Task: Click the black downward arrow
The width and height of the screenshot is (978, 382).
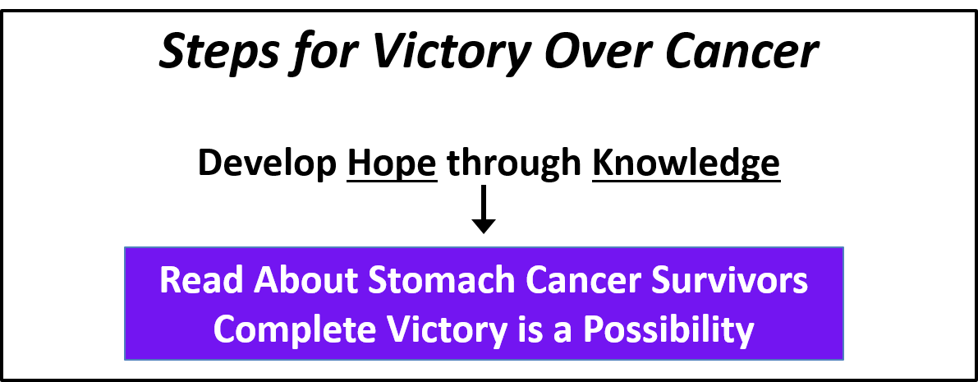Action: pos(483,209)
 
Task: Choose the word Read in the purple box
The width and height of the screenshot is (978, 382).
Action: pos(201,281)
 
